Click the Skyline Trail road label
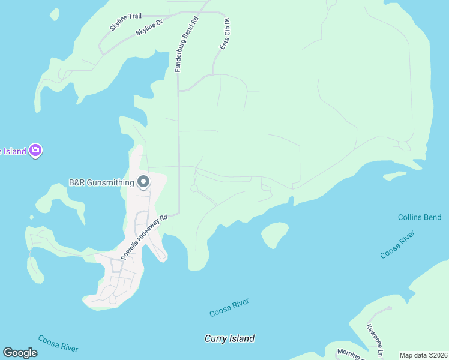(x=125, y=22)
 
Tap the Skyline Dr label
(x=149, y=28)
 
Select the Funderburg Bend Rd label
(x=186, y=44)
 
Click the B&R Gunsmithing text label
(x=100, y=182)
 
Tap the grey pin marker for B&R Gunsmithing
(x=143, y=181)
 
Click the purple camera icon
(x=35, y=150)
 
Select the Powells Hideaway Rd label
(x=143, y=238)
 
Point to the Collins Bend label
(x=420, y=217)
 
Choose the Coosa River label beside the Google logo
(x=58, y=344)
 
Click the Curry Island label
(x=229, y=338)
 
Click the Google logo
(x=20, y=353)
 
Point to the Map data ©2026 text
(x=423, y=355)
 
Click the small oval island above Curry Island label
(x=274, y=235)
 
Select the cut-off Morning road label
(x=349, y=354)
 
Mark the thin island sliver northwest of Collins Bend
(x=395, y=176)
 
